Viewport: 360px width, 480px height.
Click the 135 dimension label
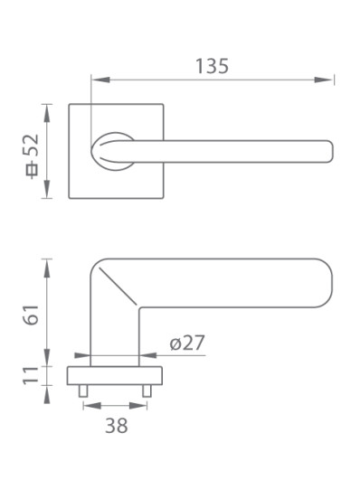click(x=212, y=66)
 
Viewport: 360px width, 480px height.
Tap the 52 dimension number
click(x=32, y=146)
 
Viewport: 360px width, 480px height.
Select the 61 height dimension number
click(x=32, y=315)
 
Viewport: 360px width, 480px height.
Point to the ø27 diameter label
click(x=187, y=343)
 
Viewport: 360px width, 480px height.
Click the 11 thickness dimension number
click(x=32, y=375)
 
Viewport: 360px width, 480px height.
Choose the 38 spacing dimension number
click(x=117, y=426)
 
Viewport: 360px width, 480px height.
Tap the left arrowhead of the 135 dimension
click(x=100, y=80)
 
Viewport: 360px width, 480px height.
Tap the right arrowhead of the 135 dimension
click(x=324, y=80)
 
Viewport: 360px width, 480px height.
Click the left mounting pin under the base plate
click(x=83, y=391)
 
